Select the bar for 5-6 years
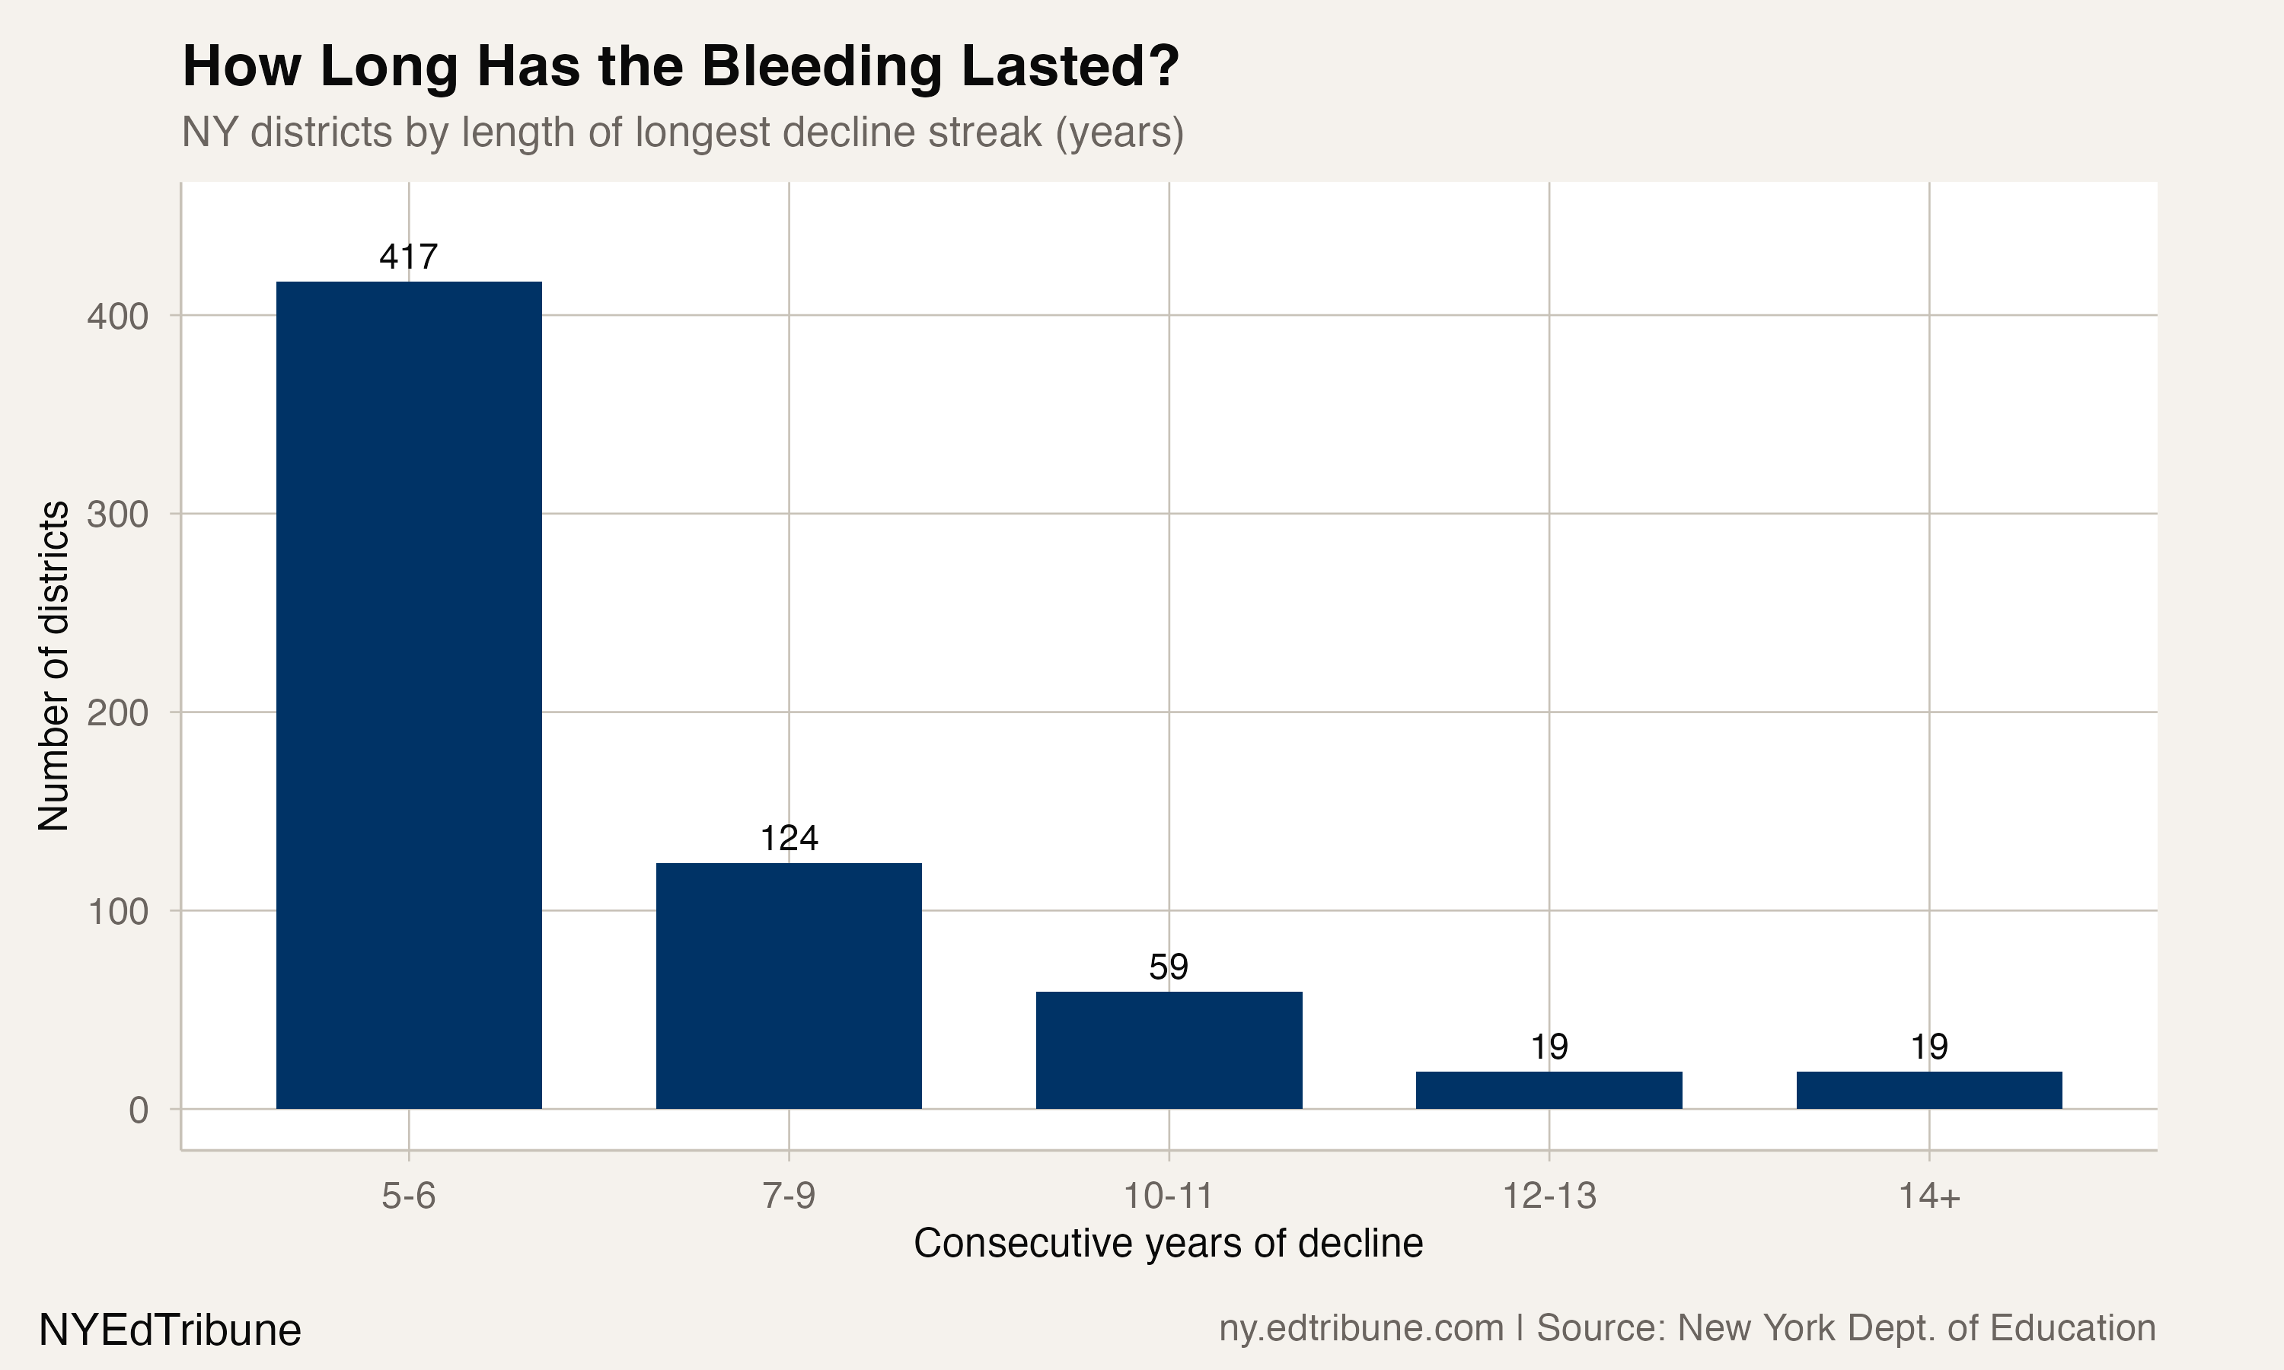409,694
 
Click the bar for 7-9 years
789,985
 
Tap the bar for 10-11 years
1169,1050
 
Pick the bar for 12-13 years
1549,1089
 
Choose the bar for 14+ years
1928,1089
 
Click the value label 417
409,256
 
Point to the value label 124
789,838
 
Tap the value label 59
1169,967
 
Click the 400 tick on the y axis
118,317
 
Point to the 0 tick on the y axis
139,1110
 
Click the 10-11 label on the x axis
1168,1196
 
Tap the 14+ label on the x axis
1928,1196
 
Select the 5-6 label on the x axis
408,1196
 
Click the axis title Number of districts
53,666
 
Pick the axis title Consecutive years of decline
1168,1244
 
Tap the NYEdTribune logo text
170,1330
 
